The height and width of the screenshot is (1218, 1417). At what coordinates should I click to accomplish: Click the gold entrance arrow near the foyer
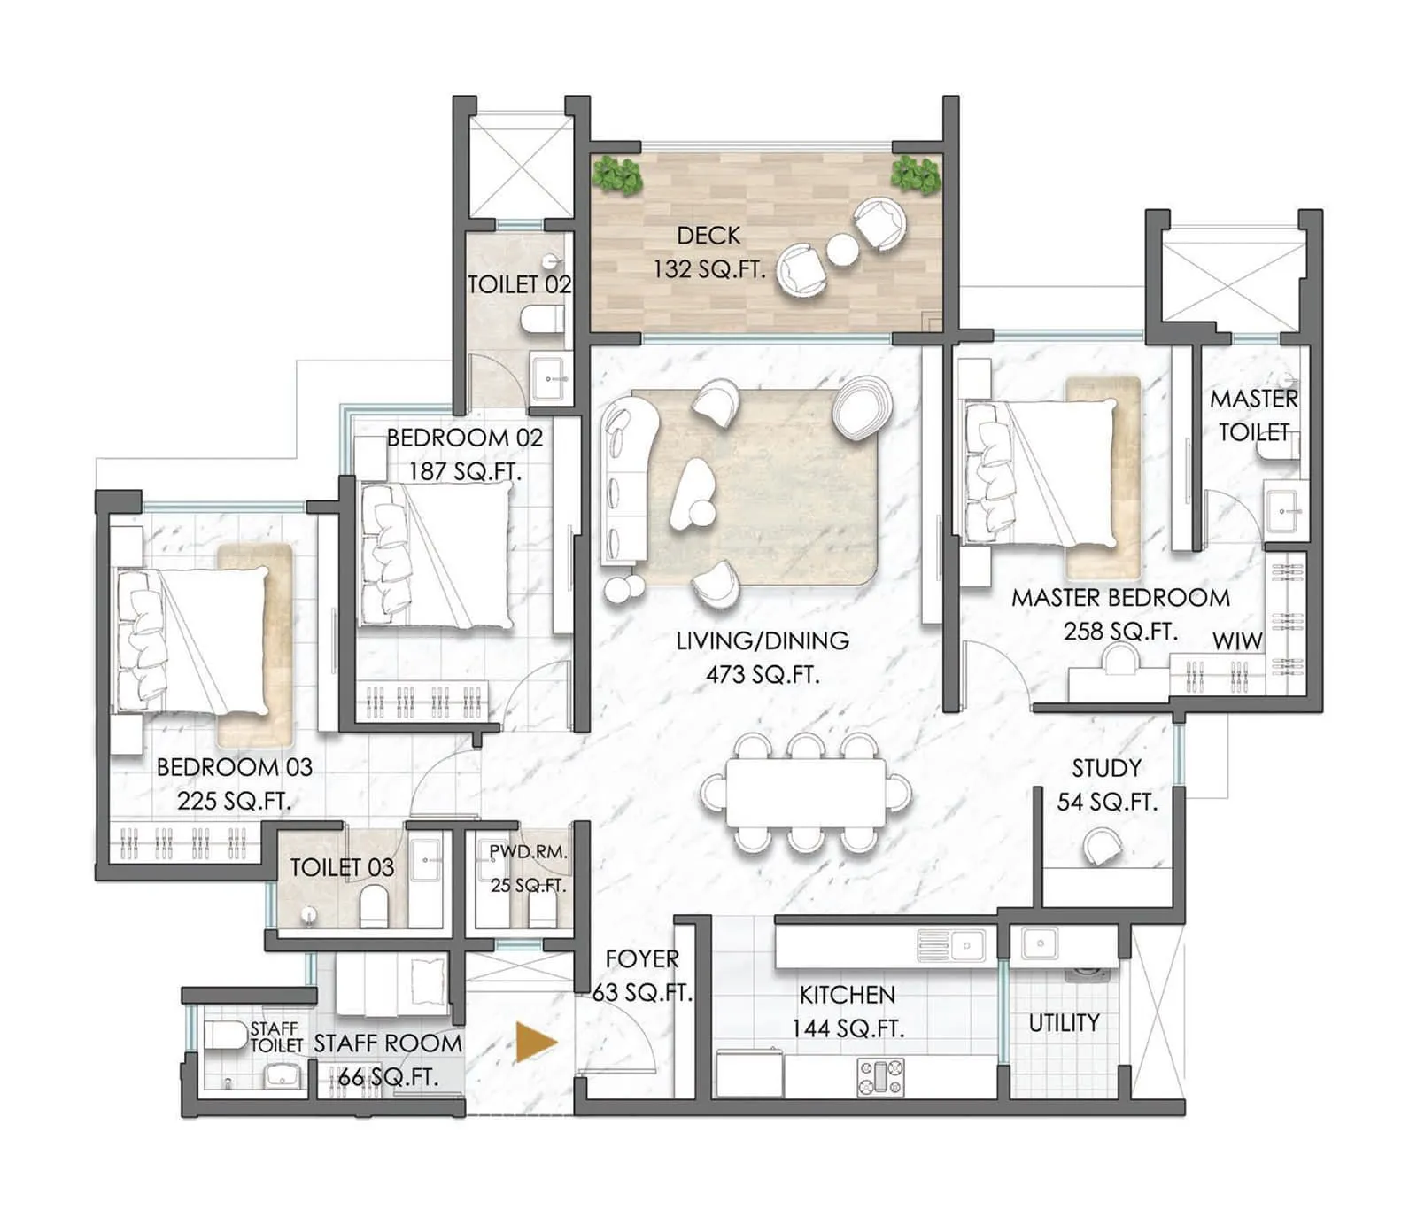click(x=535, y=1042)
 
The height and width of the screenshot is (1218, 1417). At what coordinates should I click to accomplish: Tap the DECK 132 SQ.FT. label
click(x=708, y=252)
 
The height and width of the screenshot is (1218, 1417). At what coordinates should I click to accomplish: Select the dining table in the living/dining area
click(x=804, y=792)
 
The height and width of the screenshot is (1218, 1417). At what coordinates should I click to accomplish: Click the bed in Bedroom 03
click(x=195, y=640)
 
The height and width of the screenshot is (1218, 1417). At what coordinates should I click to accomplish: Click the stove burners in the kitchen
click(x=881, y=1077)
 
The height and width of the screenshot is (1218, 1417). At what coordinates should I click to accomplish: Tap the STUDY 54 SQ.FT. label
click(x=1107, y=785)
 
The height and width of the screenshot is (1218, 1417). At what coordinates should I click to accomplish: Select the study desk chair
click(x=1103, y=847)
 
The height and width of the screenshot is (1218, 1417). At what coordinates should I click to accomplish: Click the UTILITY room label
click(x=1064, y=1023)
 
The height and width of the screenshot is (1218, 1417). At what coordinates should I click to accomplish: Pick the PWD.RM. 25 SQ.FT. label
click(x=528, y=868)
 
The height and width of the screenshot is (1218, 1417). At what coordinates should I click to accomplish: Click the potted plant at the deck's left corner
click(x=617, y=175)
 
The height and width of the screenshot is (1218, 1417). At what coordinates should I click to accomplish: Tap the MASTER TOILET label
click(x=1253, y=415)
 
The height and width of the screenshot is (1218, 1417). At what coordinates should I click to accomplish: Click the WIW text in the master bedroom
click(x=1236, y=641)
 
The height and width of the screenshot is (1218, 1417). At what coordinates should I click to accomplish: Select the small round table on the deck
click(x=842, y=250)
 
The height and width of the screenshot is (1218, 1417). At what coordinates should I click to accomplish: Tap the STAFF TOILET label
click(x=275, y=1036)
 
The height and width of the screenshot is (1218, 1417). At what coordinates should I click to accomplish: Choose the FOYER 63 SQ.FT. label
click(x=642, y=975)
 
